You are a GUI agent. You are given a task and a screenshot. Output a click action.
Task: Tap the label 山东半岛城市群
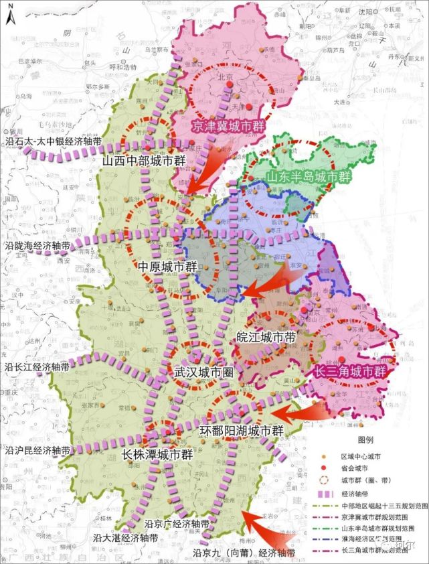[x=309, y=177]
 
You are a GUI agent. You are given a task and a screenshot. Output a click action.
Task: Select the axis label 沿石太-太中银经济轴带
[x=52, y=142]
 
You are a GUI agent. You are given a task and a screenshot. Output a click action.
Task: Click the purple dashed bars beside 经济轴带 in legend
[x=323, y=494]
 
